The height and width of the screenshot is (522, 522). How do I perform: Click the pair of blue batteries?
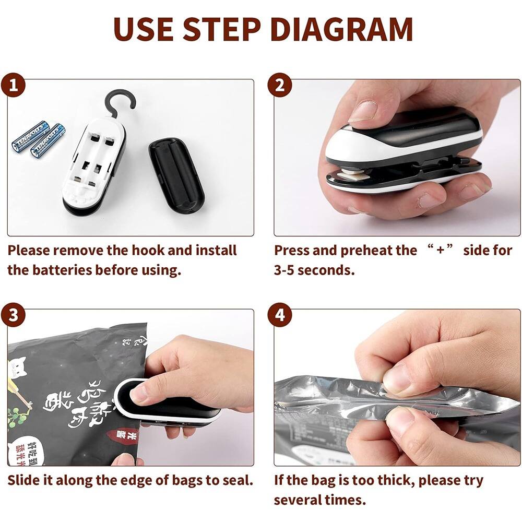[x=38, y=137]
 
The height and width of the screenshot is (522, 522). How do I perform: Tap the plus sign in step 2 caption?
[x=440, y=250]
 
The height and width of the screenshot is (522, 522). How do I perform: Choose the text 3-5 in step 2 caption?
[x=287, y=270]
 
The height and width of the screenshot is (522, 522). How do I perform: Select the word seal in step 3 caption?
[x=238, y=480]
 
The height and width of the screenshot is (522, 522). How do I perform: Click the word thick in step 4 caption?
[x=395, y=480]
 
